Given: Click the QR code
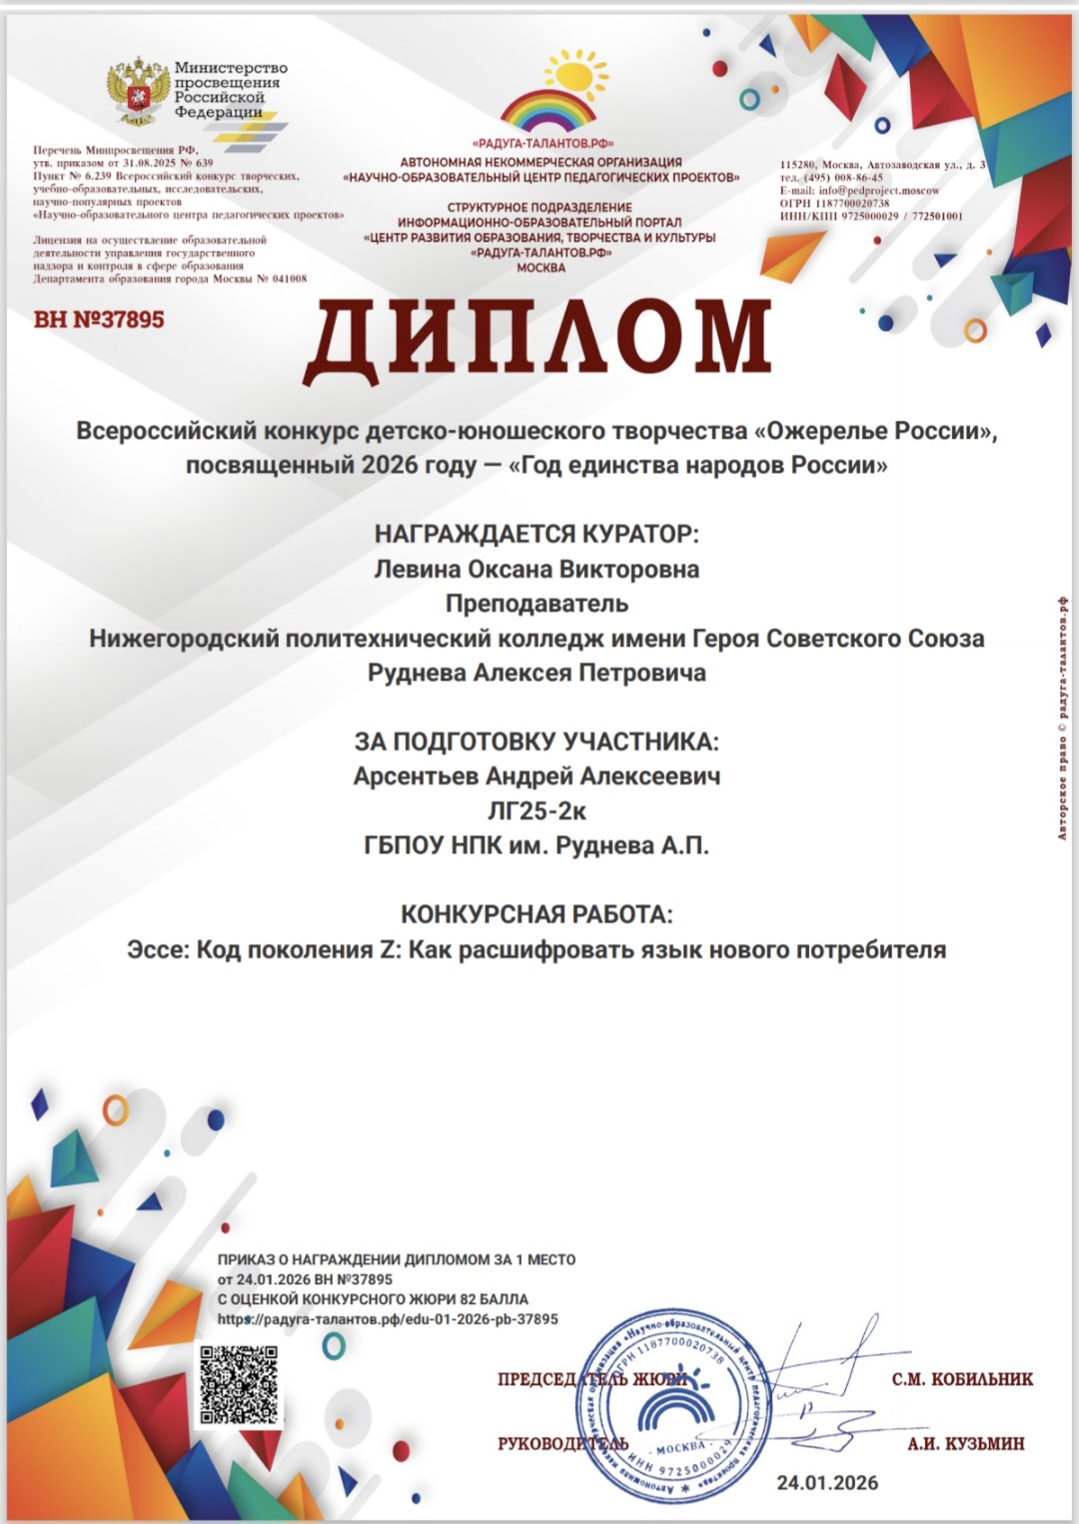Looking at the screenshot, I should (239, 1384).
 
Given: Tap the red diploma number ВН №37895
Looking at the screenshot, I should (99, 320).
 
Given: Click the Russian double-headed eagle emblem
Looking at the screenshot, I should (138, 91).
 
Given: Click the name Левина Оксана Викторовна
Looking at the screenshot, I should (537, 570).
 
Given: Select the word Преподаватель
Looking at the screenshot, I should (537, 604).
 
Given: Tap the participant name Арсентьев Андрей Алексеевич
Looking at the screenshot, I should (537, 776).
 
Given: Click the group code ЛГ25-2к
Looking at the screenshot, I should (537, 811).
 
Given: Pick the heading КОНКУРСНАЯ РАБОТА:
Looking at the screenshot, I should (537, 914).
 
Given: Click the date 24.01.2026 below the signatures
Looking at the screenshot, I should (827, 1483).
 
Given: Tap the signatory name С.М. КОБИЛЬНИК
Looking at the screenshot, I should (962, 1379).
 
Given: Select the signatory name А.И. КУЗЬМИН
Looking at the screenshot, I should (966, 1443).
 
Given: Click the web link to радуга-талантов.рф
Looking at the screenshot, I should (388, 1319).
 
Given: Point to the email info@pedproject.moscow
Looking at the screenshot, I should (878, 190).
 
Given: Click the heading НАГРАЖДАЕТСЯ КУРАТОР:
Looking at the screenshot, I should (537, 535).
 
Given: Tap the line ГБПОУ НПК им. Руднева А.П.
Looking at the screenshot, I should (537, 845).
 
